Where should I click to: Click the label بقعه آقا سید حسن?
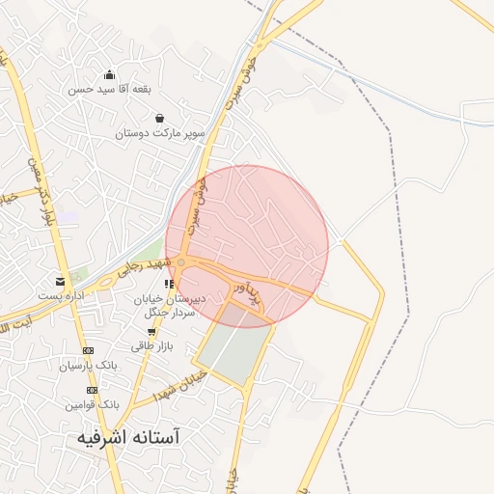[x=109, y=89]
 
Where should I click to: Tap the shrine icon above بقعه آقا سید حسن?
[x=109, y=74]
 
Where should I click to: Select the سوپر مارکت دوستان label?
[x=160, y=133]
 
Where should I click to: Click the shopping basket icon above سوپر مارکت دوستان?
[x=159, y=118]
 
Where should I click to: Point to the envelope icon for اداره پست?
[x=61, y=281]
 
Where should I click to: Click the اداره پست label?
[x=61, y=295]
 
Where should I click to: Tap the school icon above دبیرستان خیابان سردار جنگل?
[x=170, y=284]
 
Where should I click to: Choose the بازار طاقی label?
[x=150, y=344]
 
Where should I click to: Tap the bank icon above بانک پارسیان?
[x=89, y=351]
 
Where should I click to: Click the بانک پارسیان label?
[x=88, y=366]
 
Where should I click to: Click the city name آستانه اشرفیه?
[x=128, y=437]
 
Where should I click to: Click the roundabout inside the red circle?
[x=181, y=261]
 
